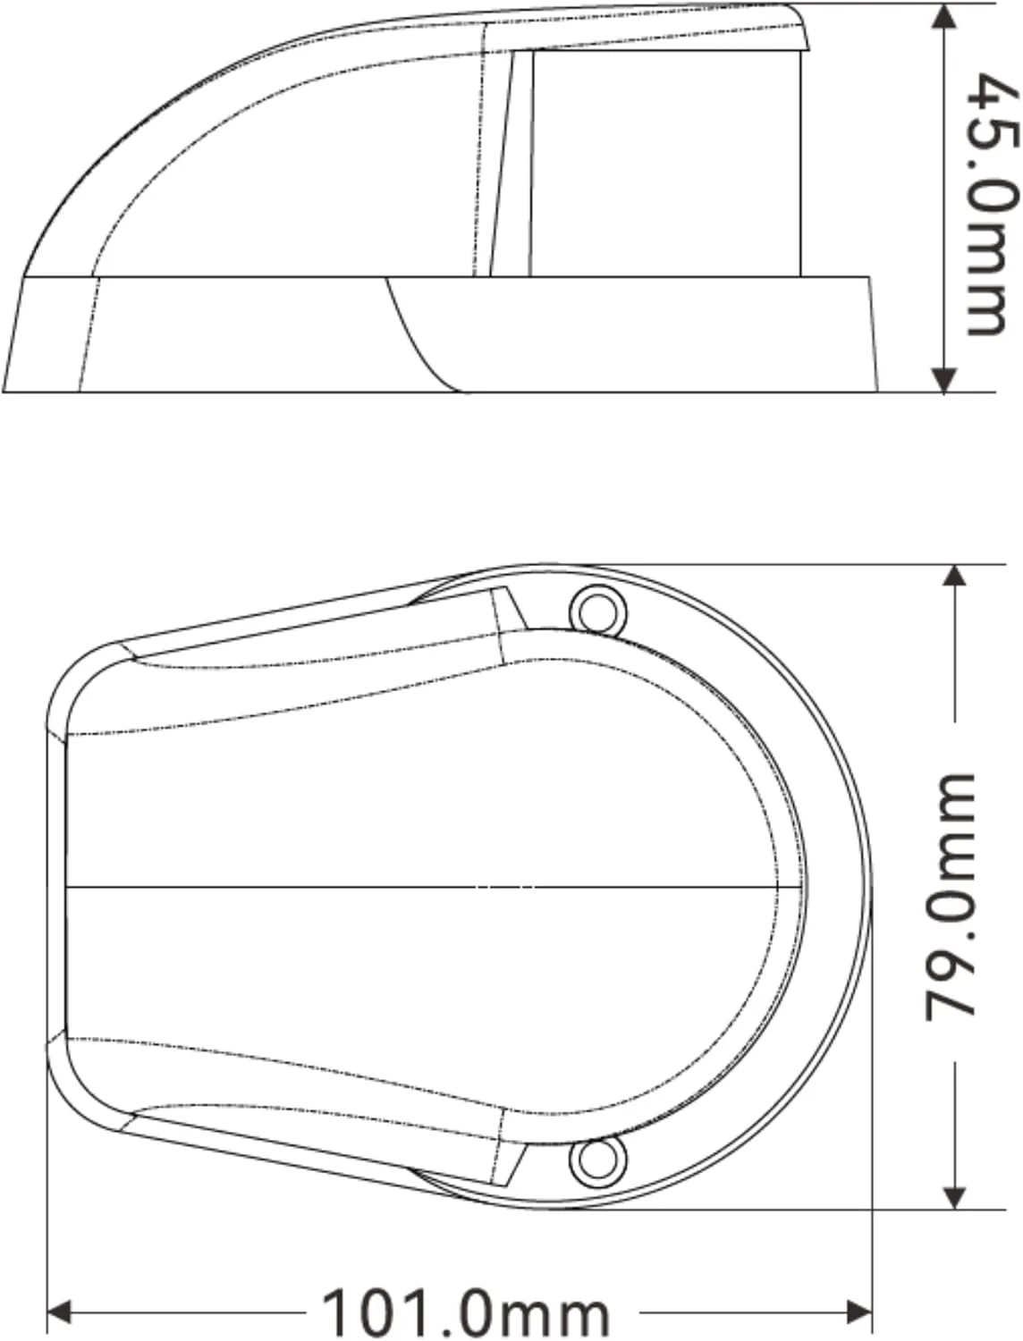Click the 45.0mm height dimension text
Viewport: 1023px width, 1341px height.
[x=991, y=205]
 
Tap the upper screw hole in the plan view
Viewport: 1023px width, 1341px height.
[x=598, y=611]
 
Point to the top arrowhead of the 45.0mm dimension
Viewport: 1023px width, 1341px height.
[x=944, y=18]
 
